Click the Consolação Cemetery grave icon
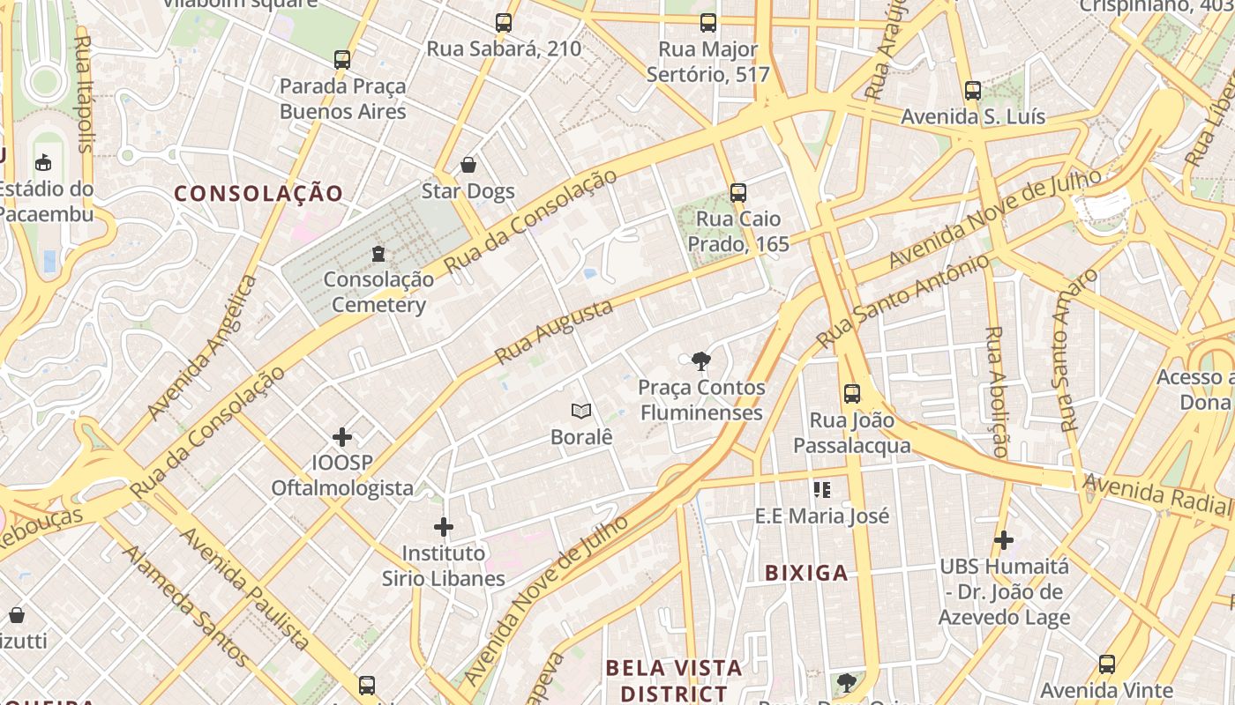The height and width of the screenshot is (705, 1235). point(378,254)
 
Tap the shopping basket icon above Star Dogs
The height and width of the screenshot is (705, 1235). point(468,165)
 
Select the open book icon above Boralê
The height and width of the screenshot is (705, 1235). point(580,411)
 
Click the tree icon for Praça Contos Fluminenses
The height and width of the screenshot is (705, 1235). point(701,360)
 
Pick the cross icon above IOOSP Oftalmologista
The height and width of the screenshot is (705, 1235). point(342,437)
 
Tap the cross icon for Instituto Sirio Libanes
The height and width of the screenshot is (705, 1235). point(443,527)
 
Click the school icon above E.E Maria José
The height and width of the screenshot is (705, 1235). point(822,489)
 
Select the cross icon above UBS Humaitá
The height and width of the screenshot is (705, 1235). point(1003,539)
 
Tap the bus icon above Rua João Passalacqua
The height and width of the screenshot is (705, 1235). point(851,394)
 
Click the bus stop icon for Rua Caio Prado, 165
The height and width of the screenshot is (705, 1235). point(737,192)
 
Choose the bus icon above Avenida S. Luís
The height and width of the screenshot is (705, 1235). point(972,90)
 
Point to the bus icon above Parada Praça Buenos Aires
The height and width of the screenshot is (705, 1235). point(342,60)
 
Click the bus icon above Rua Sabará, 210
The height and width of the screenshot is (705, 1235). point(503,23)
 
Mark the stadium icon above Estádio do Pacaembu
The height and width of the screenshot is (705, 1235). point(42,162)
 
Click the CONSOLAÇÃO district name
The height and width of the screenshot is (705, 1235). point(258,193)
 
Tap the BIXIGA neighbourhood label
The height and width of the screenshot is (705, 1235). point(806,573)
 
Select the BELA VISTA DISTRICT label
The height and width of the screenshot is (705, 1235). point(674,679)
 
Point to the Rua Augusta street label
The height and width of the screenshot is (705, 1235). point(553,332)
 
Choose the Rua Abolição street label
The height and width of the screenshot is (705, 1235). point(995,391)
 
